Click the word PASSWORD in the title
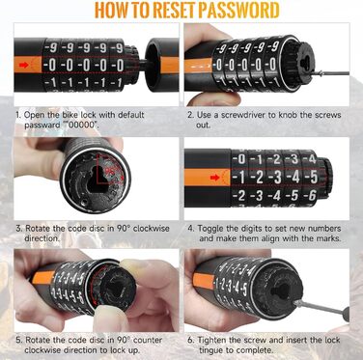pyautogui.click(x=238, y=10)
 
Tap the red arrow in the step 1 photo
pyautogui.click(x=23, y=65)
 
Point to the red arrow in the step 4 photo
pyautogui.click(x=214, y=178)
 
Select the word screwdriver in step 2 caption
pyautogui.click(x=240, y=115)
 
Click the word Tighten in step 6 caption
pyautogui.click(x=210, y=340)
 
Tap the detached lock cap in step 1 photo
pyautogui.click(x=162, y=65)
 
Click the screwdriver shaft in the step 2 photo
pyautogui.click(x=331, y=73)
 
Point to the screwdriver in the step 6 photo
pyautogui.click(x=321, y=308)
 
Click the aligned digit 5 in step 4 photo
pyautogui.click(x=313, y=177)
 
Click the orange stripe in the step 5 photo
pyautogui.click(x=43, y=277)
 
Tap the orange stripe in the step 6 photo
pyautogui.click(x=204, y=281)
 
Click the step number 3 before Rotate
pyautogui.click(x=18, y=229)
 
